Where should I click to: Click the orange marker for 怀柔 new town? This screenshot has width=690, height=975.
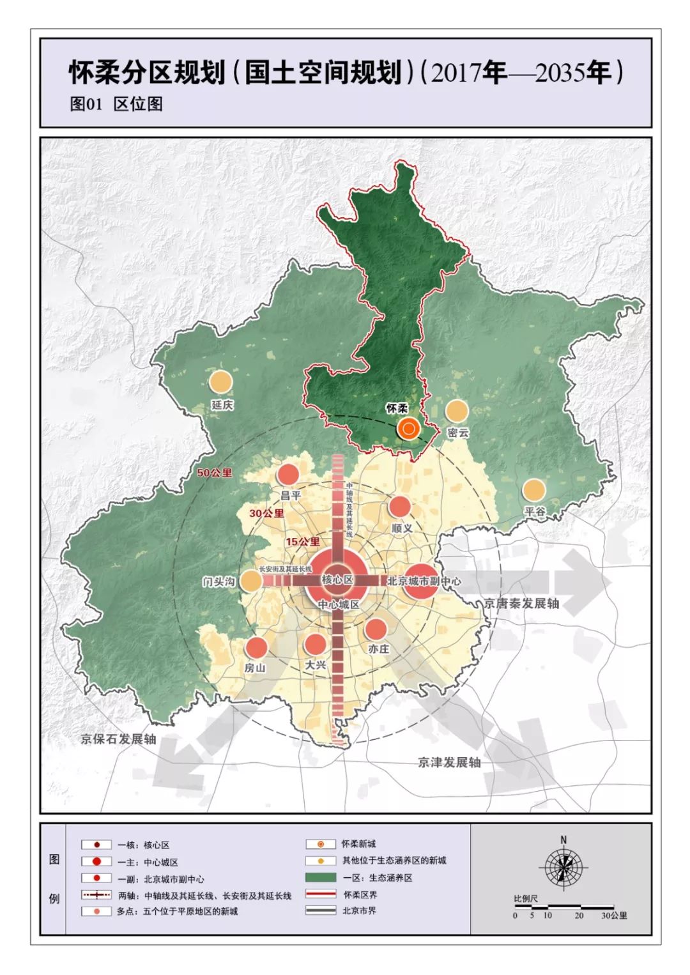click(x=408, y=429)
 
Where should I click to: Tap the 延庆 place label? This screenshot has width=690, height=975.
click(x=222, y=405)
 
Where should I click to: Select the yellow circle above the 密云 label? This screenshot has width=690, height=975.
click(x=457, y=411)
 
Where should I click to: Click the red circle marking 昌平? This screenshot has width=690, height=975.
click(x=288, y=475)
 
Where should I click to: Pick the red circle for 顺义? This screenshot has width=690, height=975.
click(x=400, y=507)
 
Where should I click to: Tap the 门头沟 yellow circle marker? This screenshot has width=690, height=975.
click(x=251, y=581)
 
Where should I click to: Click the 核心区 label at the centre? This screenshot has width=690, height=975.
click(x=337, y=580)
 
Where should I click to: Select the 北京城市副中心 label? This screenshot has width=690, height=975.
click(x=424, y=581)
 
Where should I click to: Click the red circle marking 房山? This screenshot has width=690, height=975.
click(x=256, y=647)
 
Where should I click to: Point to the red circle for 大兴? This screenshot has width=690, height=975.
click(x=315, y=644)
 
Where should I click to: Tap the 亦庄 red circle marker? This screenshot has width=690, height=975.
click(x=376, y=629)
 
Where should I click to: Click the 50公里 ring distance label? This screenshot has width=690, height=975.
click(x=214, y=473)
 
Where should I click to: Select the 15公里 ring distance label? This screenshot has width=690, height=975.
click(x=302, y=542)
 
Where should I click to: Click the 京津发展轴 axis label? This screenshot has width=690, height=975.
click(x=449, y=762)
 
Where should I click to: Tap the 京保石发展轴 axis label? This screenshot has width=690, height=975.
click(x=118, y=739)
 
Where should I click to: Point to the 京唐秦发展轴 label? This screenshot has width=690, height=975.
click(x=521, y=603)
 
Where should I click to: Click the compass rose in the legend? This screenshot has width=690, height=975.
click(x=563, y=867)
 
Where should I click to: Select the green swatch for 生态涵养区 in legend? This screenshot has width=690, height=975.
click(x=321, y=877)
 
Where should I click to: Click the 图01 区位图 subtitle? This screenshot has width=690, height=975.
click(x=116, y=104)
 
